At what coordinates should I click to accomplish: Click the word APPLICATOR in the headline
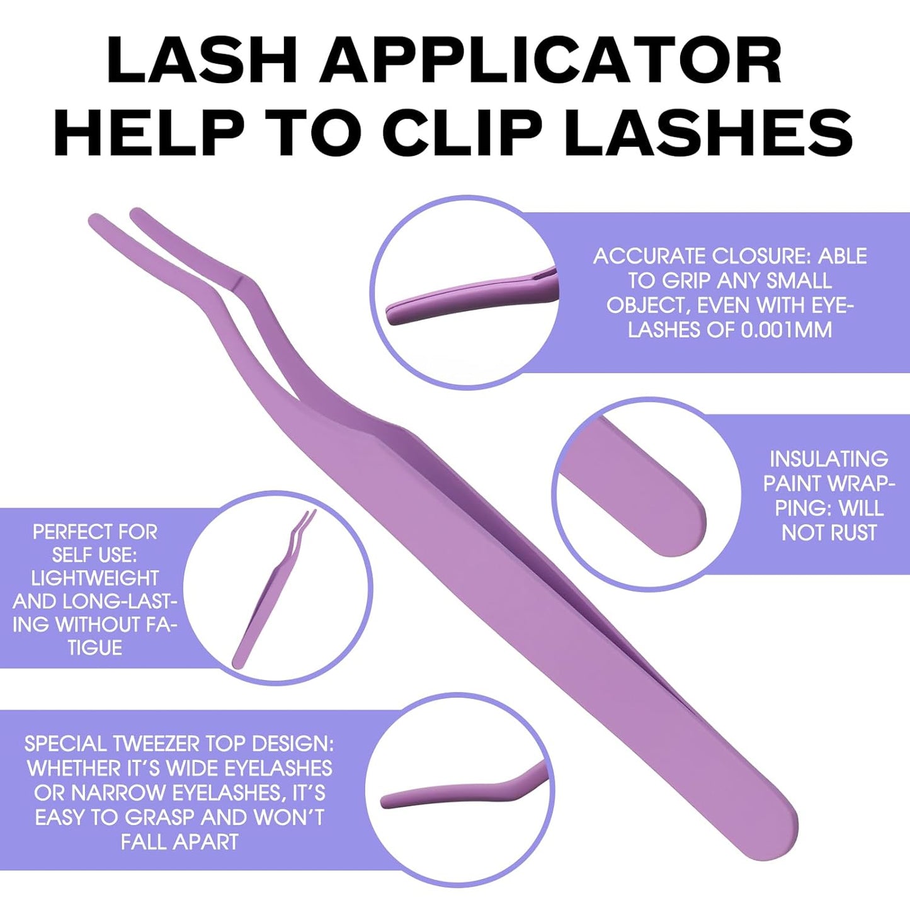click(x=555, y=61)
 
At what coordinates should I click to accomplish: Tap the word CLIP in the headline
click(x=462, y=134)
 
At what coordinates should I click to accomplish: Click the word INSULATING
click(x=829, y=458)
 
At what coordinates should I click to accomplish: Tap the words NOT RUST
click(x=829, y=533)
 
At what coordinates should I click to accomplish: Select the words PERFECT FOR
click(x=95, y=532)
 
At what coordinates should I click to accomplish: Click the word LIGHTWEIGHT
click(x=95, y=578)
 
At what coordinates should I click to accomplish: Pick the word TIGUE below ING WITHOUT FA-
click(x=95, y=647)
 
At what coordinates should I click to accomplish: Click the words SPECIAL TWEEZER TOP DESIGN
click(x=179, y=744)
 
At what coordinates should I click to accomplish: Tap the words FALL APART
click(x=179, y=842)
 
